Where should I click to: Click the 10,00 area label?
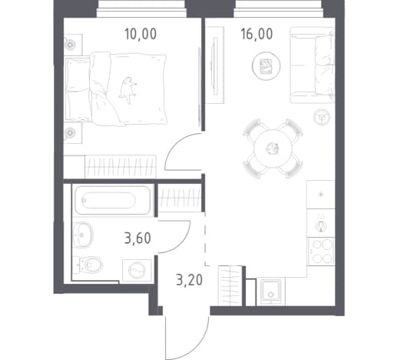(141, 34)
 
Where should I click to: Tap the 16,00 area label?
(257, 34)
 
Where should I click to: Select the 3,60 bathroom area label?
(138, 238)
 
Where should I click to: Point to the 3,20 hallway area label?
(189, 280)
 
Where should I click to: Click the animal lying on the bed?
(128, 90)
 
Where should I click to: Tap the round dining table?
(273, 148)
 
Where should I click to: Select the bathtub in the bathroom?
(113, 200)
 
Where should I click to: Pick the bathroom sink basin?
(83, 235)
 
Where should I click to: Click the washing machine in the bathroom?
(137, 270)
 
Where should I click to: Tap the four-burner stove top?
(321, 252)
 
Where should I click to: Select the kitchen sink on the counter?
(321, 223)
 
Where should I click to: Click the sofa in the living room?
(313, 65)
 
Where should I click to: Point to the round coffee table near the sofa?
(266, 65)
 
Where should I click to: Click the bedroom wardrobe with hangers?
(121, 167)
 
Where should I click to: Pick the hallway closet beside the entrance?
(230, 286)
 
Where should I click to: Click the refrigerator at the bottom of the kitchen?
(270, 292)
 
